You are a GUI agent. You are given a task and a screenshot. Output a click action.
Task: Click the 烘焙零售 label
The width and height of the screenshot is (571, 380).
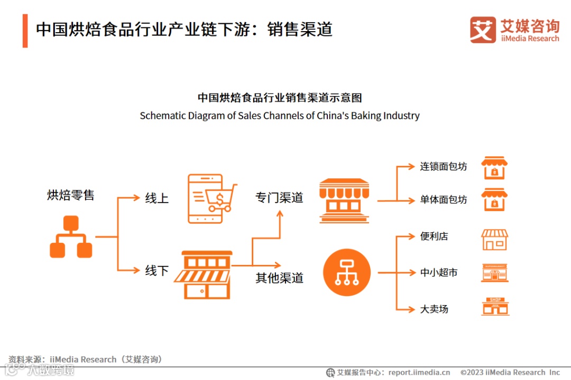pyautogui.click(x=70, y=195)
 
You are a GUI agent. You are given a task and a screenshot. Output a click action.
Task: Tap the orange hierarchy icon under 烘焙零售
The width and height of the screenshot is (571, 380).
pyautogui.click(x=71, y=237)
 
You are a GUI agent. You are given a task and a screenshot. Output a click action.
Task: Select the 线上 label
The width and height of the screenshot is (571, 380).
pyautogui.click(x=157, y=198)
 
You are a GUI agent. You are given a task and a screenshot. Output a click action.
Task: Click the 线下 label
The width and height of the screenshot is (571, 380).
pyautogui.click(x=157, y=271)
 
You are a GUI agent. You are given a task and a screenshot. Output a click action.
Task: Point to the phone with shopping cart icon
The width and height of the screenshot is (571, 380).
pyautogui.click(x=212, y=199)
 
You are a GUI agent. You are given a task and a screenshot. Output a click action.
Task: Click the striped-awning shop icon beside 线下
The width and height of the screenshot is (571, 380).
pyautogui.click(x=204, y=274)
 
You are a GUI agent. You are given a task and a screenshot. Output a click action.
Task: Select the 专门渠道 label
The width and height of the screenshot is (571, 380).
pyautogui.click(x=279, y=198)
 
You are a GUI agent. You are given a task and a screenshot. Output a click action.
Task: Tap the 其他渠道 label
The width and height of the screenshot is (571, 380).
pyautogui.click(x=279, y=278)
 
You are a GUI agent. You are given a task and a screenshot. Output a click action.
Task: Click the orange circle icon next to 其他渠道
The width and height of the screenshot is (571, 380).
pyautogui.click(x=347, y=273)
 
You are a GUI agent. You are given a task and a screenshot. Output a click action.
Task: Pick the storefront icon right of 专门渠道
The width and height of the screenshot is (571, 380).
pyautogui.click(x=344, y=201)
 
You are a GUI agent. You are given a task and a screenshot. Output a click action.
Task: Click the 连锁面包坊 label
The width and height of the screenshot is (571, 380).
pyautogui.click(x=444, y=166)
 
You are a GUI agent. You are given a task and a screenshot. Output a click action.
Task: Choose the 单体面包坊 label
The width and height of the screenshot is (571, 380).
pyautogui.click(x=444, y=200)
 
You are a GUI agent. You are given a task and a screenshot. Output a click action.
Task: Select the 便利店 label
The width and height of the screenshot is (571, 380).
pyautogui.click(x=434, y=236)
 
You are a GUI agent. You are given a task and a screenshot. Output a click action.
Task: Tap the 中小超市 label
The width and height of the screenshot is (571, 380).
pyautogui.click(x=439, y=273)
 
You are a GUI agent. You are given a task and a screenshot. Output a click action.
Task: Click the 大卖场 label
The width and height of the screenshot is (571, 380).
pyautogui.click(x=434, y=309)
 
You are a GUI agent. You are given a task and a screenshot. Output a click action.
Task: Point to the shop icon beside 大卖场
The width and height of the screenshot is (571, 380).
pyautogui.click(x=495, y=307)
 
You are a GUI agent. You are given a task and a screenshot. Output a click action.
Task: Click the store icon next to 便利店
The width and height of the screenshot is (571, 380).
pyautogui.click(x=494, y=240)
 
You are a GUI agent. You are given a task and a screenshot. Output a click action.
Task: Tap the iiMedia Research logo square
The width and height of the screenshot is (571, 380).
pyautogui.click(x=483, y=30)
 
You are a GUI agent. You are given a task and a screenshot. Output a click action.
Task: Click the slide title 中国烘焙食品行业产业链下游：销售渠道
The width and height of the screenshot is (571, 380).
pyautogui.click(x=184, y=30)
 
